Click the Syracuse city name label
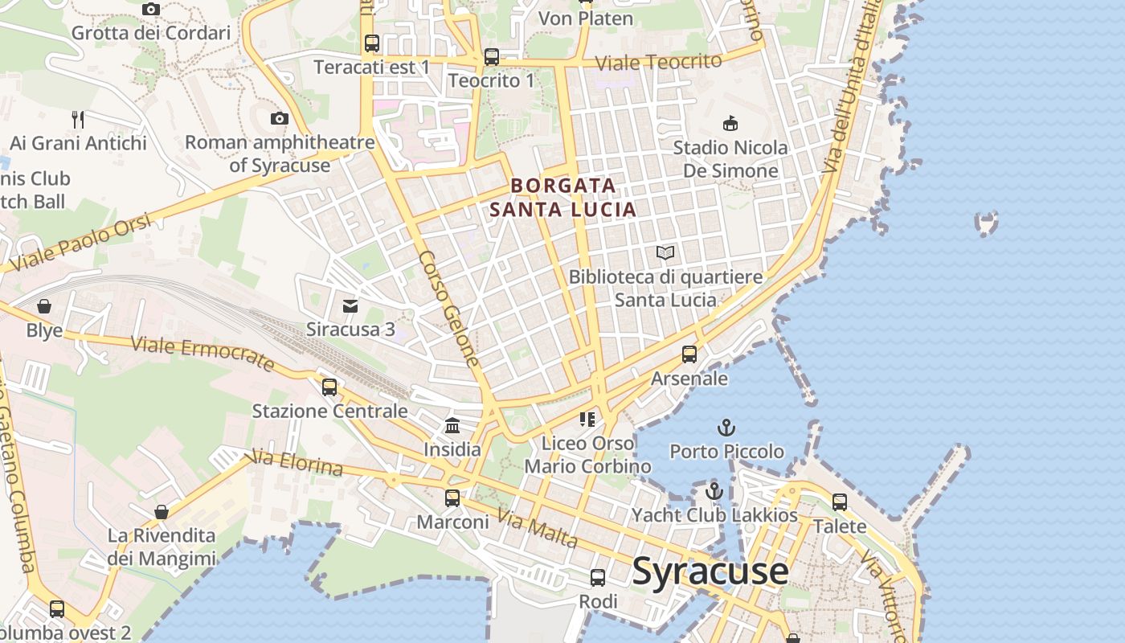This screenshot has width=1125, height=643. click(x=710, y=571)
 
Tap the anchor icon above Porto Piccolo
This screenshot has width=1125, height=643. click(x=726, y=428)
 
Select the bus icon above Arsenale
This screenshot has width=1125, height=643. click(x=689, y=354)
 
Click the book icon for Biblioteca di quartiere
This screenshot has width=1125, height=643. click(x=665, y=253)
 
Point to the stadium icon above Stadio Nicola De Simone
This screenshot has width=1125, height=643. click(x=730, y=124)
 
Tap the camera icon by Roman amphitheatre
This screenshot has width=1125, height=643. click(x=279, y=119)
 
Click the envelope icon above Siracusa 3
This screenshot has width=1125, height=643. click(x=350, y=306)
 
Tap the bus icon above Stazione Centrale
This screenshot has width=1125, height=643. click(x=329, y=387)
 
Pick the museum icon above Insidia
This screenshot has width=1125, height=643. click(x=452, y=425)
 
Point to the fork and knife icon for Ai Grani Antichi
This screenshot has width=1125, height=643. click(x=78, y=120)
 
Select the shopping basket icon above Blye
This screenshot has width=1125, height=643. click(x=44, y=306)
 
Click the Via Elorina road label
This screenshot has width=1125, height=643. click(x=297, y=463)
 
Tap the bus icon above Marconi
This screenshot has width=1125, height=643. click(x=452, y=498)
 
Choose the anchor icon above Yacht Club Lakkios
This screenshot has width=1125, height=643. click(x=714, y=491)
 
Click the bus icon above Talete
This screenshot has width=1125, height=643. click(x=840, y=502)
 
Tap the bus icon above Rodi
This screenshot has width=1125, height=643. click(x=598, y=578)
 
